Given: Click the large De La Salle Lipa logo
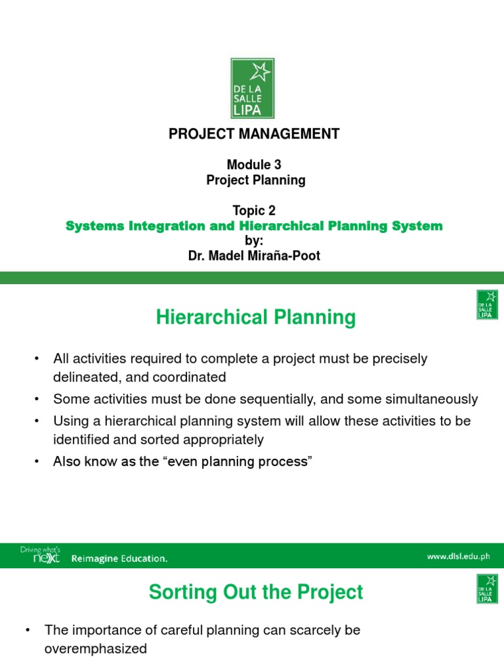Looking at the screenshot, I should tap(252, 88).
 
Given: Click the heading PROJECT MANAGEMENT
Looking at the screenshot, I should tap(254, 134).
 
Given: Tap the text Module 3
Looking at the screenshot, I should tap(254, 165).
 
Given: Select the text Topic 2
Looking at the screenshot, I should tap(254, 211).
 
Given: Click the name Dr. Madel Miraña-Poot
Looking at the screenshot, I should tap(254, 256).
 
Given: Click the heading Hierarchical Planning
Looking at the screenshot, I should tap(255, 318).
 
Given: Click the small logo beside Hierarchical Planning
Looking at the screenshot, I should tap(487, 305).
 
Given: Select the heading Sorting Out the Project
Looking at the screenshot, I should tap(255, 592).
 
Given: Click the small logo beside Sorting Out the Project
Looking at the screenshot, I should tap(487, 588).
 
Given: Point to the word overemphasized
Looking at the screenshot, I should tap(96, 649).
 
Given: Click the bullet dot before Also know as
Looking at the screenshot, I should tap(37, 461).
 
